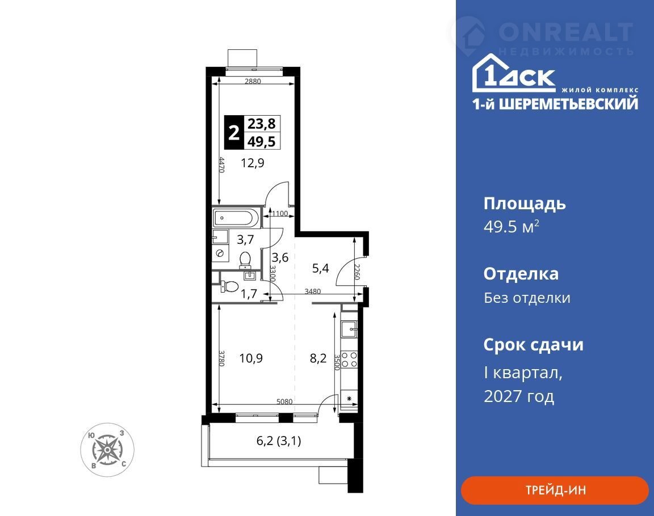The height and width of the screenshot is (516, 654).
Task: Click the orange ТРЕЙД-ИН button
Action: click(555, 490)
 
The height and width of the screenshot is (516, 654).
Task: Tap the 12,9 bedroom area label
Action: click(252, 163)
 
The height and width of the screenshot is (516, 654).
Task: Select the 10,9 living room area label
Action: click(251, 358)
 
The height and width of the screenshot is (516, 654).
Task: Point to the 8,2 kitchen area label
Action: click(318, 358)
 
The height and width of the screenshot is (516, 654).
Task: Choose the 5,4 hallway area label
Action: click(320, 268)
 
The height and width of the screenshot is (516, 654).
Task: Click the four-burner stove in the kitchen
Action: click(350, 360)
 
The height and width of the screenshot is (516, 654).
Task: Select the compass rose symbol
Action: click(107, 450)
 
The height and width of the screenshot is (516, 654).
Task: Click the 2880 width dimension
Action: click(253, 81)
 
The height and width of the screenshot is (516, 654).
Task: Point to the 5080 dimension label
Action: click(284, 402)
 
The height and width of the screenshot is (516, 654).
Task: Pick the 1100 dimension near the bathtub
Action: click(280, 214)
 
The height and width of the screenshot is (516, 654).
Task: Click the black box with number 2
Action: click(233, 133)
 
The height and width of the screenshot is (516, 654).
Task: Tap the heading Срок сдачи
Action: click(534, 345)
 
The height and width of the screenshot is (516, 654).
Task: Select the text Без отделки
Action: click(527, 298)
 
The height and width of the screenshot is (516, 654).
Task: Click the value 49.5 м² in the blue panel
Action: click(512, 227)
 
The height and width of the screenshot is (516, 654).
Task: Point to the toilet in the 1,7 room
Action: click(229, 286)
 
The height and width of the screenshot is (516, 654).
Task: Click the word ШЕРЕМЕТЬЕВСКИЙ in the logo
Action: click(568, 104)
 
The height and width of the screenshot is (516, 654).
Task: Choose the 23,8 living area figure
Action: click(262, 124)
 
